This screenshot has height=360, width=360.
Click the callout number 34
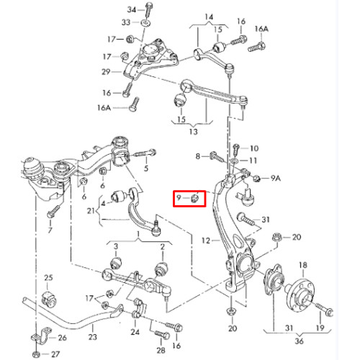tap(132, 9)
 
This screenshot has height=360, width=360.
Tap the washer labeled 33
tap(145, 23)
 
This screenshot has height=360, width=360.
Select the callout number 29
tap(106, 71)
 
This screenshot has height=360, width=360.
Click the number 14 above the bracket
tap(209, 17)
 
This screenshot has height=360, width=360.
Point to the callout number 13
tap(193, 132)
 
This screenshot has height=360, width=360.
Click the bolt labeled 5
tap(145, 153)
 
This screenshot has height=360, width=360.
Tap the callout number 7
tap(50, 230)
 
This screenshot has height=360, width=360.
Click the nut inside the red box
tap(195, 198)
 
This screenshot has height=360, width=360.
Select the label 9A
tap(276, 178)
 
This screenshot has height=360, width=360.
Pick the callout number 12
tap(206, 240)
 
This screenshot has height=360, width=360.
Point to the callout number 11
tap(253, 161)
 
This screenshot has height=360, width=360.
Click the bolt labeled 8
tap(217, 157)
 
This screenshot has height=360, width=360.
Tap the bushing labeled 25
tap(50, 298)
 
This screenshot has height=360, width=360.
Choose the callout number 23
tap(93, 337)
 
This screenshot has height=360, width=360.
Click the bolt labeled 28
tap(162, 335)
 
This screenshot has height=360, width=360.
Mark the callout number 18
tap(303, 265)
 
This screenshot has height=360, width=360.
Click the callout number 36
tap(299, 341)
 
